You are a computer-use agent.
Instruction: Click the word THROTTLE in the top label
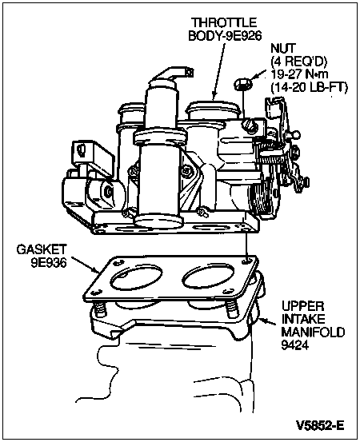point(224,22)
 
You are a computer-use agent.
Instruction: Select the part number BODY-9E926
point(225,35)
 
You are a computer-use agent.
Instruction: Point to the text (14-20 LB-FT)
point(310,88)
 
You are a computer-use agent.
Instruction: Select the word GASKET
point(42,249)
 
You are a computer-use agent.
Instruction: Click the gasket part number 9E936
point(49,263)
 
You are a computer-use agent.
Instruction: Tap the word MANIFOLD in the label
point(313,332)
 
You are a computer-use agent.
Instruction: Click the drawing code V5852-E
point(320,425)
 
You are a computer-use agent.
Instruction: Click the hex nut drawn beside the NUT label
point(242,84)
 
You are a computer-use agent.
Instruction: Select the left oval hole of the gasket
point(136,278)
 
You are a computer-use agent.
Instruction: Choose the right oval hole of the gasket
point(208,277)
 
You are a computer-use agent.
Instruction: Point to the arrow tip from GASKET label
point(98,273)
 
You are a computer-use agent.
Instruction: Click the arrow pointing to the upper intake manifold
point(267,321)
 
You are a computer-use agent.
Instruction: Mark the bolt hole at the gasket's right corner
point(247,261)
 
